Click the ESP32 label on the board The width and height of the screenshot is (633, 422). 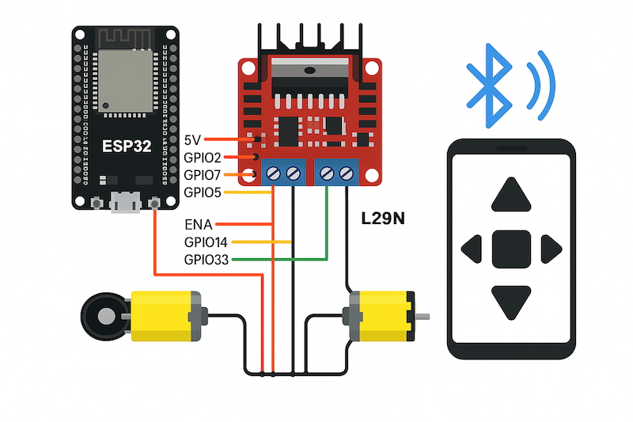(x=126, y=146)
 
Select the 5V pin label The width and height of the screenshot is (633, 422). (x=192, y=140)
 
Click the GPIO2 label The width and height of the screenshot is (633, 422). (x=203, y=158)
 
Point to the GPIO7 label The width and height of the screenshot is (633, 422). (x=203, y=175)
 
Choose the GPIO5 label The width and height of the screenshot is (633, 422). (x=203, y=192)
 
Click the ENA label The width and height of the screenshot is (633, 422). (x=198, y=225)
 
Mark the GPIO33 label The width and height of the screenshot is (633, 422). (x=206, y=260)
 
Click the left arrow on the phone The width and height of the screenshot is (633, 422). (x=473, y=249)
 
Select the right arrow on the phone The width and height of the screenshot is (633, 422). (x=550, y=249)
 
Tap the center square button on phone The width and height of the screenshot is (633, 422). (x=511, y=249)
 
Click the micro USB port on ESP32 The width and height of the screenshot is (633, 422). (x=123, y=203)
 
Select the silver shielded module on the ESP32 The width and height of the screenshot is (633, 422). (x=125, y=80)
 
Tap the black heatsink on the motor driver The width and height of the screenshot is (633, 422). (x=310, y=40)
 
